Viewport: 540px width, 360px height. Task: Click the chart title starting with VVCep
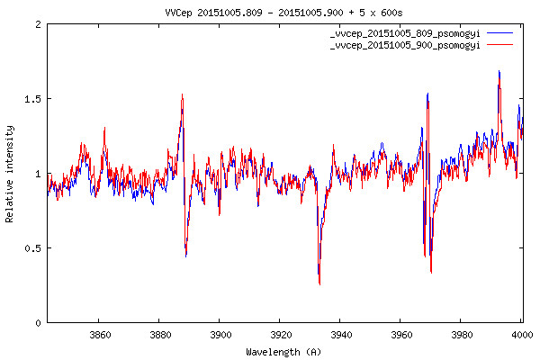[270, 11]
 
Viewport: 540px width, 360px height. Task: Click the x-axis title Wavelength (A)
[283, 351]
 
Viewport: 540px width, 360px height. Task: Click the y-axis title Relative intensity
[10, 174]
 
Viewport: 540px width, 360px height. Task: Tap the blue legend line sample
[501, 33]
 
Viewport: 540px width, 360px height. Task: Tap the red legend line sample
[501, 44]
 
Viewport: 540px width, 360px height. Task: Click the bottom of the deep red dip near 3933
[319, 284]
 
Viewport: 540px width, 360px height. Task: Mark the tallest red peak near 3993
[499, 72]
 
